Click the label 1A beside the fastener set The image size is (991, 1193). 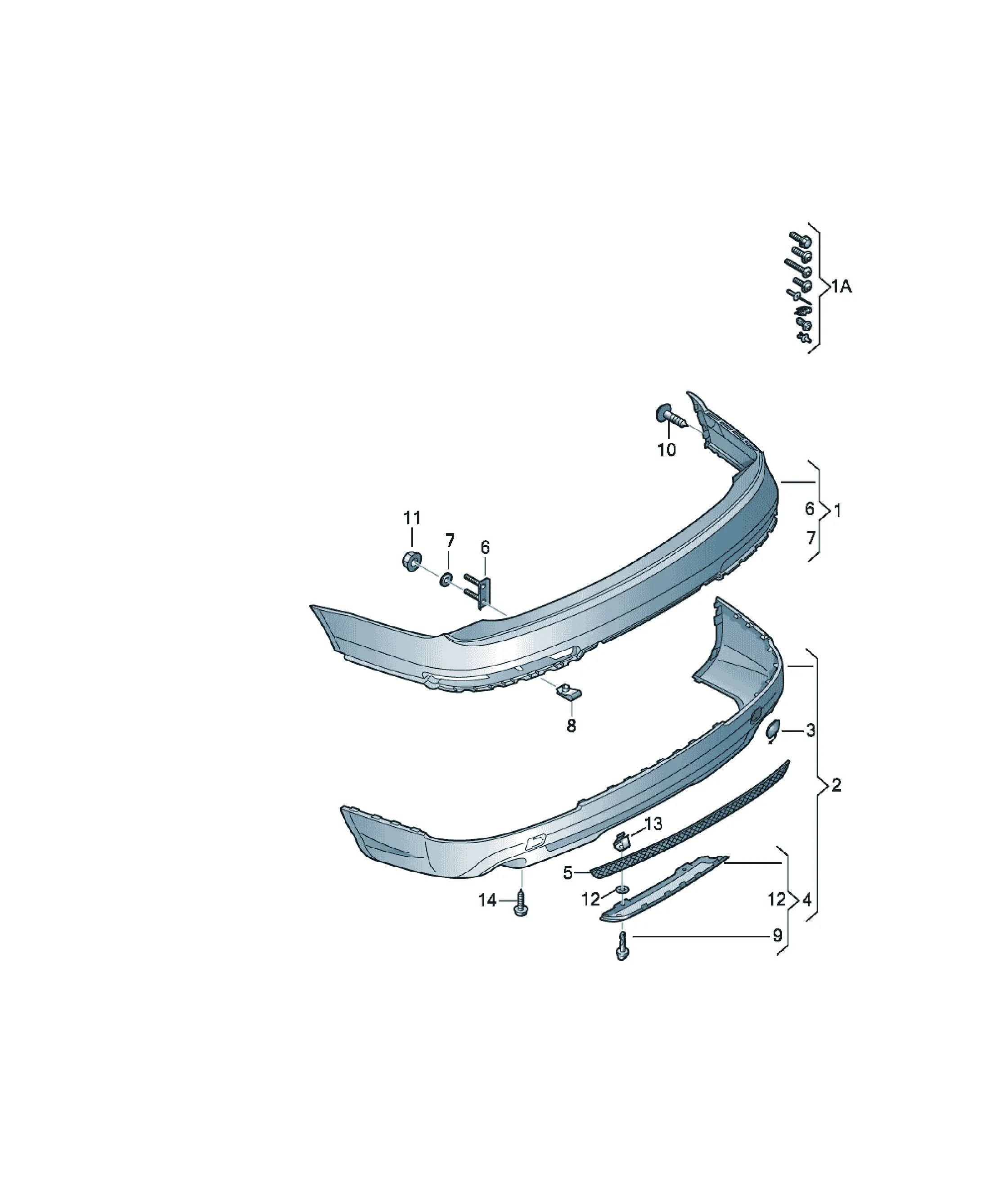(842, 287)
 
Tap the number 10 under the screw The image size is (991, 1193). (667, 450)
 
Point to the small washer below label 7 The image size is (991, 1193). (446, 579)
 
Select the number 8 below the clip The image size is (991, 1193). (571, 725)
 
